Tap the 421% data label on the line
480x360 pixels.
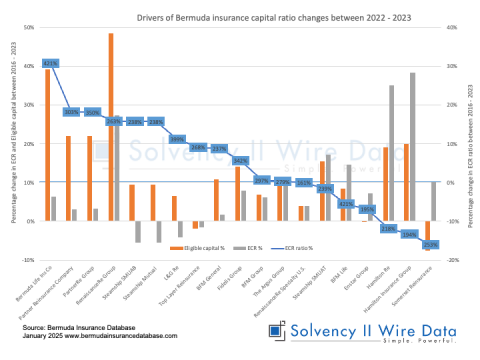[50, 63]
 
